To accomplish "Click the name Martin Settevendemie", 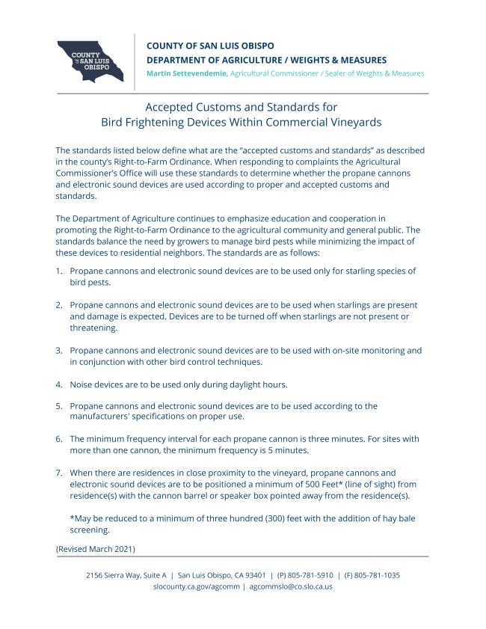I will [x=187, y=73].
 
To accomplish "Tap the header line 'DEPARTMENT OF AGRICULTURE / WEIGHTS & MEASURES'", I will [x=266, y=60].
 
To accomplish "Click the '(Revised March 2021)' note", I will [x=96, y=548].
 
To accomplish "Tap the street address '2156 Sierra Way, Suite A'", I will [x=126, y=575].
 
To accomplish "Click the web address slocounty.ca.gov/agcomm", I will [x=195, y=586].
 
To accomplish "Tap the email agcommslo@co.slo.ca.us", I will [x=291, y=586].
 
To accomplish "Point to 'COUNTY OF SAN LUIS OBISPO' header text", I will [x=211, y=46].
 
